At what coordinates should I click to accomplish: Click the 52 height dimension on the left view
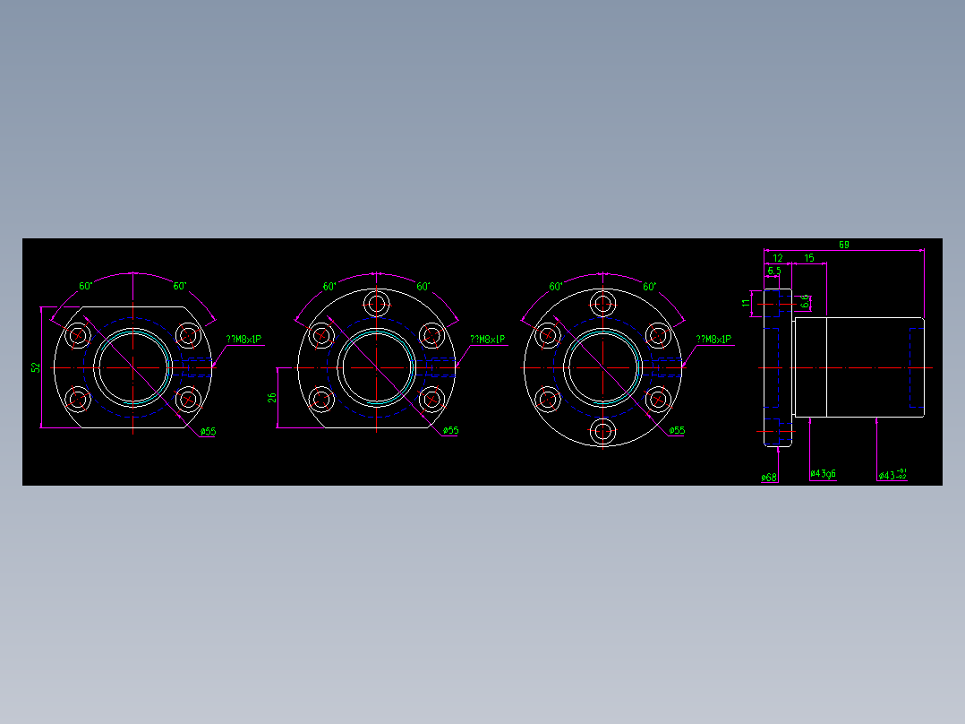pos(36,367)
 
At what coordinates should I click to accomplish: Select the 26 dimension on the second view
pos(272,397)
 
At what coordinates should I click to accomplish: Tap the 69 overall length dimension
pos(843,244)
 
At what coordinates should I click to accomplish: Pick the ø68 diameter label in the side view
pos(768,477)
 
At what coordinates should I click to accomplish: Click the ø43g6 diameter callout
pos(823,473)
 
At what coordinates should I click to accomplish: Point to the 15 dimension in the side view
pos(808,258)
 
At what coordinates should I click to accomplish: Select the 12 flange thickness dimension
pos(778,258)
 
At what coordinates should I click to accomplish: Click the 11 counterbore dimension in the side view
pos(746,304)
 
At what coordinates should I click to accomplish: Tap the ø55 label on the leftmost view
pos(208,432)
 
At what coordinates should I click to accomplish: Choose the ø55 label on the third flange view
pos(677,431)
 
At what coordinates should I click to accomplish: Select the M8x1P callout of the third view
pos(713,340)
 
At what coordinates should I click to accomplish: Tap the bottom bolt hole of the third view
pos(602,432)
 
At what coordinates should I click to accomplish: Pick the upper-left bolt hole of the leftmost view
pos(78,336)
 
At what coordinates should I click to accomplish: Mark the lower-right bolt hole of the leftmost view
pos(187,398)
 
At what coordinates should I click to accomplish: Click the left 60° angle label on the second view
pos(329,287)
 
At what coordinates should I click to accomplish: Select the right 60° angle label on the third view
pos(650,287)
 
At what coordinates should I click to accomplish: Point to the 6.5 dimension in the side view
pos(773,270)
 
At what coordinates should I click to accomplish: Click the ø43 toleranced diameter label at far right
pos(892,474)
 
